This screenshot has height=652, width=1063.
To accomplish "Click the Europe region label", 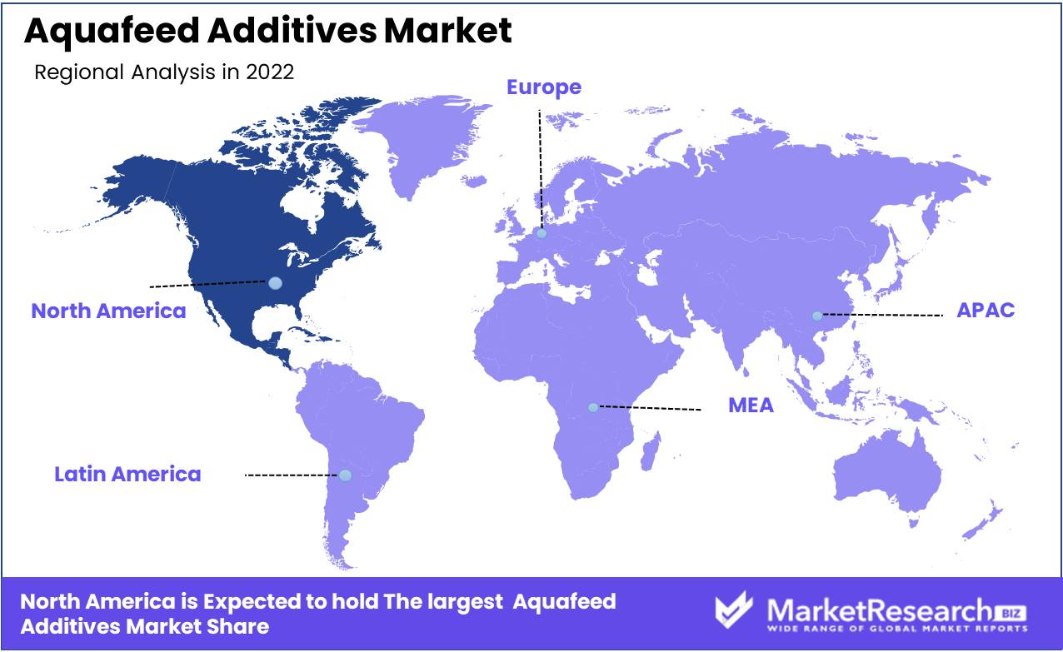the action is pos(544,87).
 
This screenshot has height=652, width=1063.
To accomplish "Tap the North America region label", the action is pos(108,311).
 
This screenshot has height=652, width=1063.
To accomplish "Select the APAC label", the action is pos(986,311).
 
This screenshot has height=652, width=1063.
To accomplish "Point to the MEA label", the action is pos(751,406).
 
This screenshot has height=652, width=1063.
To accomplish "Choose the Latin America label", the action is pos(127,474).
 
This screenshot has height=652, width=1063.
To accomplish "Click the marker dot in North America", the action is pos(275,283).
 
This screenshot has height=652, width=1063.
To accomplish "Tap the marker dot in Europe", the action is pos(541,233).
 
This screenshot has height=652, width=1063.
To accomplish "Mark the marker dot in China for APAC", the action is pos(816,316).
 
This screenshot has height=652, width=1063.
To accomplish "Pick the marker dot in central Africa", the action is pos(592,407).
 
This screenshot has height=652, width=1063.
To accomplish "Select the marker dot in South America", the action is pos(345,475).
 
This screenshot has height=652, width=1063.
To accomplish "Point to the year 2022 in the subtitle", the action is pos(270,72).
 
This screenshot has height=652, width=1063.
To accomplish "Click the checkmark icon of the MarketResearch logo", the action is pos(734,610).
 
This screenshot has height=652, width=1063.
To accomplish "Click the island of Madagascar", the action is pos(650,451).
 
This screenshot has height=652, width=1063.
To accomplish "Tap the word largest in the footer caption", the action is pos(465,603).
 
